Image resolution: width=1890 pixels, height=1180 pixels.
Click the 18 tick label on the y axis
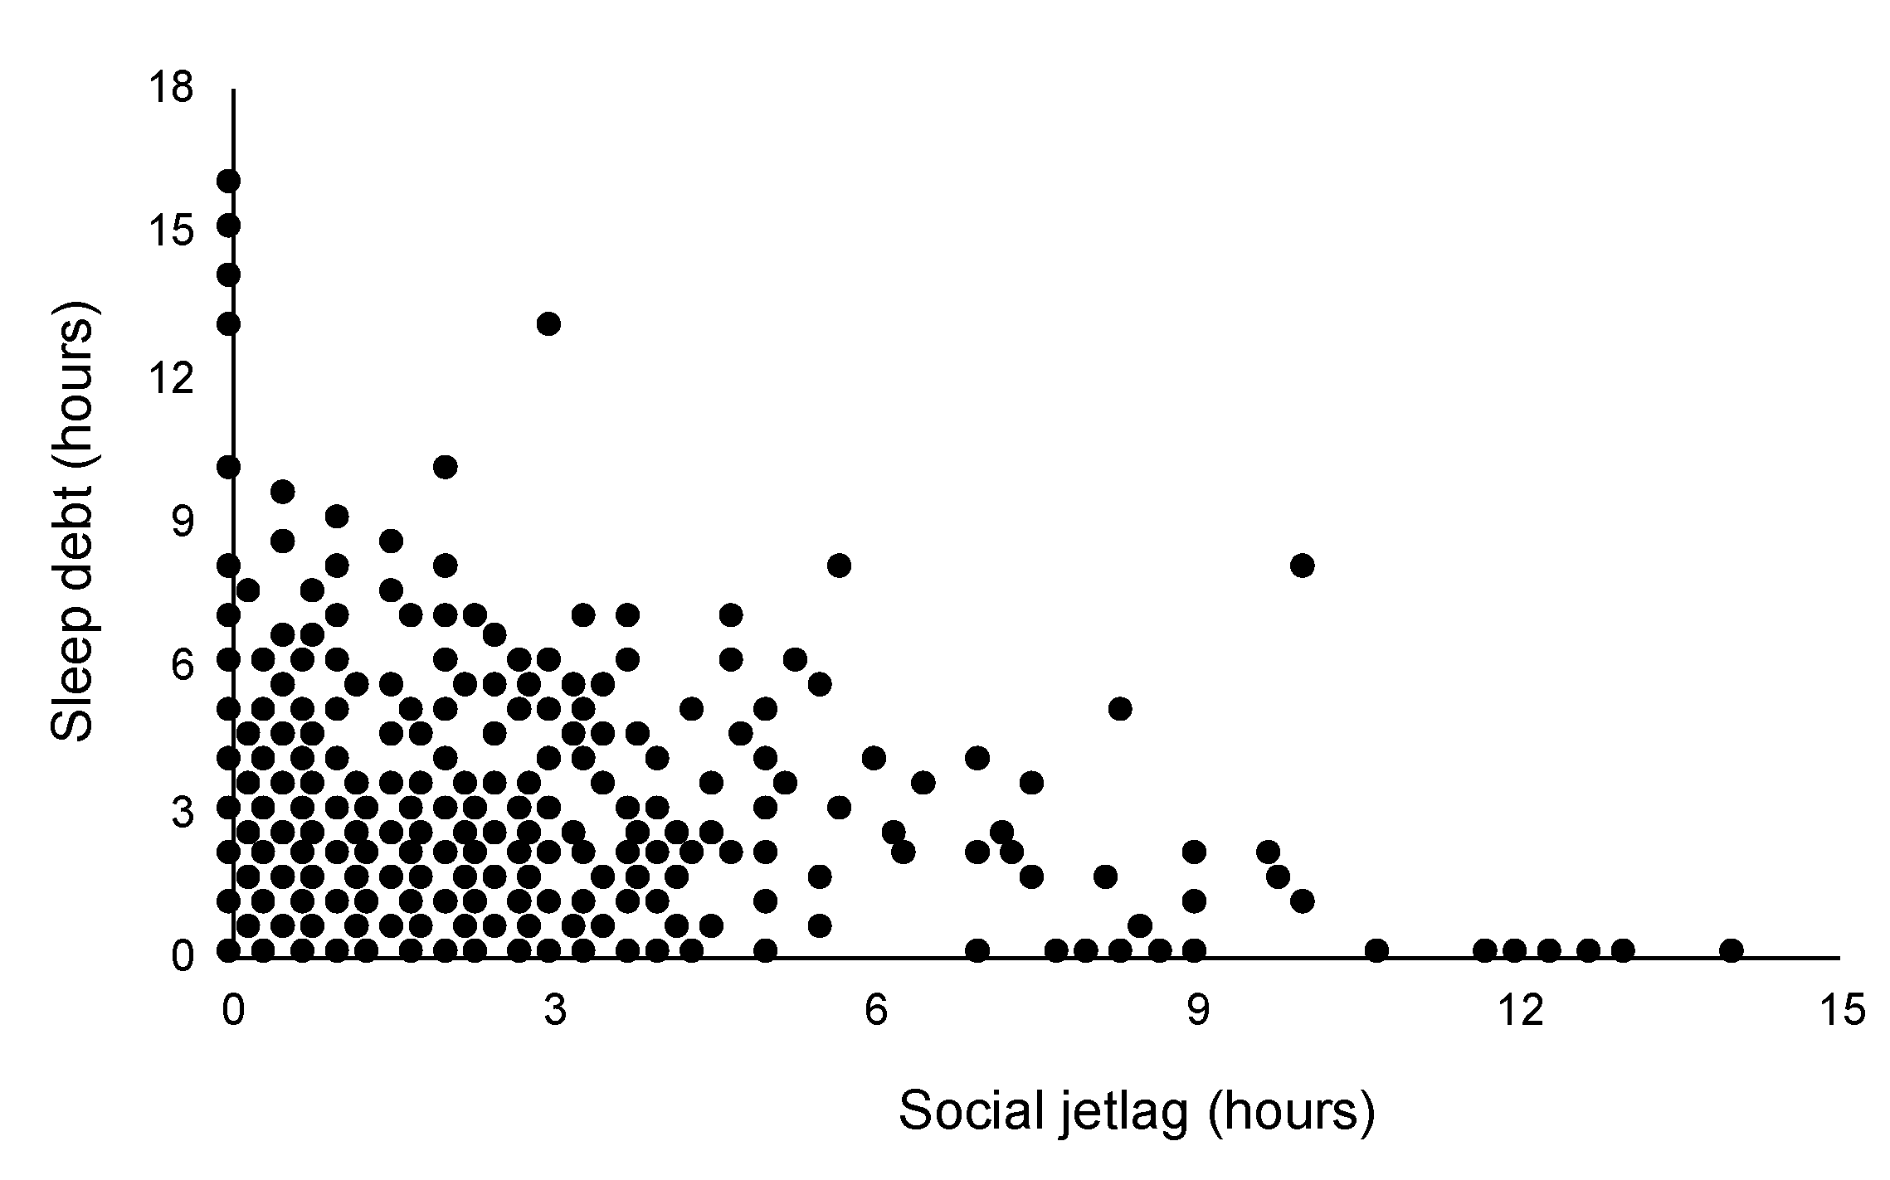click(x=173, y=87)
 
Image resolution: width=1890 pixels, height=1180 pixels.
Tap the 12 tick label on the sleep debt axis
click(x=173, y=378)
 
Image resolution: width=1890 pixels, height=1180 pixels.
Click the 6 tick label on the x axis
click(x=876, y=1011)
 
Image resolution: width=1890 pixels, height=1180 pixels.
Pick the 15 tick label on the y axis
click(x=173, y=232)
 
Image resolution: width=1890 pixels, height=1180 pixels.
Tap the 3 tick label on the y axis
click(x=183, y=812)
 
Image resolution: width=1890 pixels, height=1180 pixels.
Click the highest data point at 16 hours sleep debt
click(x=229, y=181)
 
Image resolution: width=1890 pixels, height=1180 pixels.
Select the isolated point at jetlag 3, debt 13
click(x=548, y=323)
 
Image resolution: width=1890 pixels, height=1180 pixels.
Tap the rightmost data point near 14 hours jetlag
click(x=1731, y=949)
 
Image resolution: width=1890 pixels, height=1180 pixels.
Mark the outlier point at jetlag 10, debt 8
click(x=1303, y=566)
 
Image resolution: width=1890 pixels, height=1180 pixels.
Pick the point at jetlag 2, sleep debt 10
click(x=446, y=467)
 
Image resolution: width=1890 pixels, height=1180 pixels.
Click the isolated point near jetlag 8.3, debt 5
click(x=1120, y=709)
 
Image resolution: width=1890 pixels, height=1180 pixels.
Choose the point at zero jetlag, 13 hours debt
click(x=229, y=323)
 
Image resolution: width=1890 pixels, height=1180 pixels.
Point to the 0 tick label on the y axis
click(x=183, y=956)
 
